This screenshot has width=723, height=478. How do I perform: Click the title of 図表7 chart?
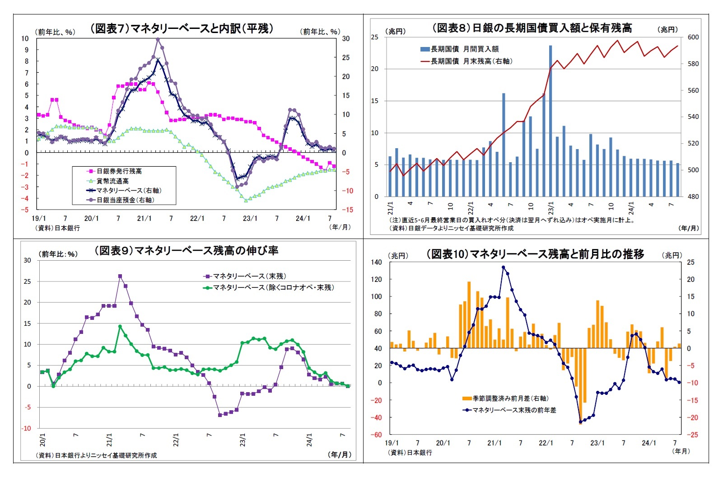[x=182, y=28]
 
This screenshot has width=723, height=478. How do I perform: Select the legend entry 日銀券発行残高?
[x=119, y=171]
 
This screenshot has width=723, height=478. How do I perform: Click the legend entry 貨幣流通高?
[x=112, y=181]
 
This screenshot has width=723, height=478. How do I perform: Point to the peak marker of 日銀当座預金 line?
[x=158, y=39]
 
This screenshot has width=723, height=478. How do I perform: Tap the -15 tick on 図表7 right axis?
[x=347, y=210]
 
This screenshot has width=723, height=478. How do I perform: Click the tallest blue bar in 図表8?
[x=550, y=121]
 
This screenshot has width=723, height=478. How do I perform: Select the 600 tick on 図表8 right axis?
[x=693, y=37]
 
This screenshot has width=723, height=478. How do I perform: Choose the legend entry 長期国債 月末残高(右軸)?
[x=471, y=61]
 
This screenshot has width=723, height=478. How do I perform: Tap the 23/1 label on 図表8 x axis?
[x=551, y=208]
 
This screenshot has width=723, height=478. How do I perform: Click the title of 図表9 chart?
[x=186, y=250]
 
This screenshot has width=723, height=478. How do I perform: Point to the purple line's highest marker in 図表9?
[x=120, y=276]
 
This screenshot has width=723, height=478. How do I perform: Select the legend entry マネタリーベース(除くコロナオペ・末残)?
[x=273, y=287]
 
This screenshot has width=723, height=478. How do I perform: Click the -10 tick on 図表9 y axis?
[x=28, y=428]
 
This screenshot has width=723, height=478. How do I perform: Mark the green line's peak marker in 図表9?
[x=120, y=326]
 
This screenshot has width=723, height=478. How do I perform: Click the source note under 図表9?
[x=96, y=455]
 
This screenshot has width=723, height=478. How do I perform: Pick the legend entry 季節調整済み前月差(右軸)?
[x=510, y=398]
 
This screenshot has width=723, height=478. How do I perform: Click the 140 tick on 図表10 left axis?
[x=376, y=262]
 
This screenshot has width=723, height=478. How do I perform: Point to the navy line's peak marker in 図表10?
[x=504, y=267]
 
